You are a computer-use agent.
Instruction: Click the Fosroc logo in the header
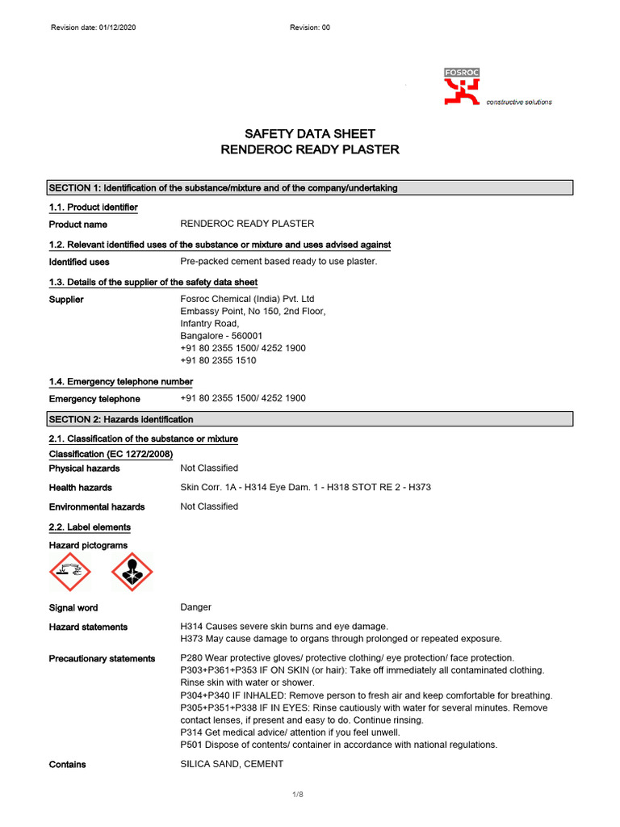click(x=462, y=86)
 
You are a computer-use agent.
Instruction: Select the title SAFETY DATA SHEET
click(x=310, y=134)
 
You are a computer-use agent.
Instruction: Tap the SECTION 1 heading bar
click(x=311, y=188)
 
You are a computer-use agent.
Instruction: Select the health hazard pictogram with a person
click(x=131, y=575)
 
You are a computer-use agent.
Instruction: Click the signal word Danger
click(x=195, y=607)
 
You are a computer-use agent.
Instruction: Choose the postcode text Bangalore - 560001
click(x=221, y=336)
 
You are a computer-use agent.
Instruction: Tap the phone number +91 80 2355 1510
click(x=218, y=361)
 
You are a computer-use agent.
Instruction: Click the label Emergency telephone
click(x=94, y=399)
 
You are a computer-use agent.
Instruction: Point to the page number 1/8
click(x=297, y=795)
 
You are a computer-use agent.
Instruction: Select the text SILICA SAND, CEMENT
click(x=232, y=764)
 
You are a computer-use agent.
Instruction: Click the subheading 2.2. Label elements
click(x=90, y=527)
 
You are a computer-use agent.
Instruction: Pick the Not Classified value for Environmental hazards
click(x=209, y=506)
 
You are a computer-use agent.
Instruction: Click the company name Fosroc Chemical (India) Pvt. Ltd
click(x=247, y=299)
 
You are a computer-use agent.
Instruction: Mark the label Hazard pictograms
click(x=88, y=546)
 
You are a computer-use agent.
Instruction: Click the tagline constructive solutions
click(x=518, y=103)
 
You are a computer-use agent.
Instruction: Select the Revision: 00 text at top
click(x=310, y=27)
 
